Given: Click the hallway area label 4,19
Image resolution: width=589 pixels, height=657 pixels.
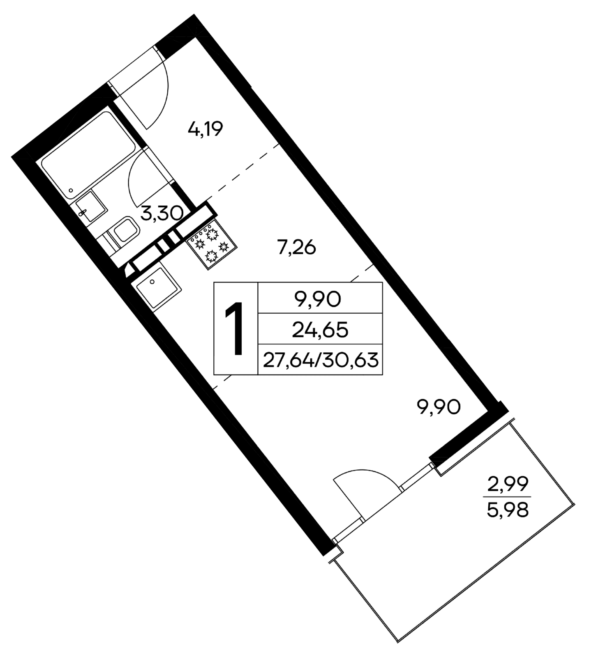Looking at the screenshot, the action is [x=205, y=130].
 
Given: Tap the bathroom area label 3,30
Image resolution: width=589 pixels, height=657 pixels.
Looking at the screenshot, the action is [x=161, y=214].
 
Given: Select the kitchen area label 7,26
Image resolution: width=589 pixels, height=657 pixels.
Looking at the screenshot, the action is [x=296, y=248].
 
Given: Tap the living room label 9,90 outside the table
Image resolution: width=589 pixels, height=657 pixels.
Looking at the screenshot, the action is [x=438, y=407].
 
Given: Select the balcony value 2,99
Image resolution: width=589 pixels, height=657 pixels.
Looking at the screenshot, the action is [x=507, y=485].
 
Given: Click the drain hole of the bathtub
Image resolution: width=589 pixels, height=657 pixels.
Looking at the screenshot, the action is [x=72, y=191].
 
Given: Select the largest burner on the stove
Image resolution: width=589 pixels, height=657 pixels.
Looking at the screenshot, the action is [x=212, y=256].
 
